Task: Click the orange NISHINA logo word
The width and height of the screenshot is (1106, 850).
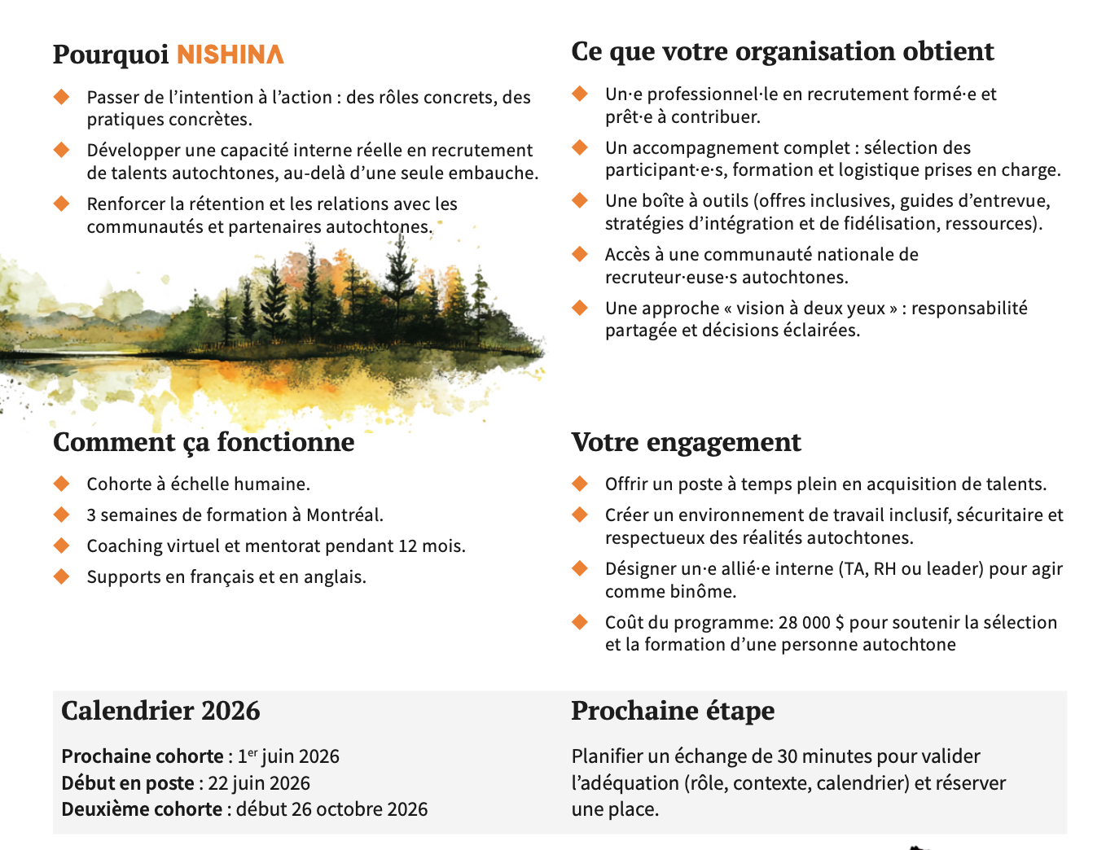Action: pyautogui.click(x=230, y=55)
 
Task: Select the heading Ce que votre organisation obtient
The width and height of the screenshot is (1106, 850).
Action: pyautogui.click(x=782, y=51)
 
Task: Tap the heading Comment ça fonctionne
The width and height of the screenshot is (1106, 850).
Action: pyautogui.click(x=204, y=442)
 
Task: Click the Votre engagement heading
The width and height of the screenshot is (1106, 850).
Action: pyautogui.click(x=686, y=442)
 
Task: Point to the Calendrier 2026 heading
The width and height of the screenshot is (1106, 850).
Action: pyautogui.click(x=160, y=711)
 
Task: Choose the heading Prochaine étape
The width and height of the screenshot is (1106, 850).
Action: pyautogui.click(x=672, y=711)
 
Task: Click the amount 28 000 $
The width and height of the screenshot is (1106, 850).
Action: pyautogui.click(x=811, y=623)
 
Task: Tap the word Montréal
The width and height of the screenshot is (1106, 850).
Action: pyautogui.click(x=344, y=515)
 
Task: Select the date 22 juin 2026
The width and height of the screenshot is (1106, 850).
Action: pyautogui.click(x=259, y=783)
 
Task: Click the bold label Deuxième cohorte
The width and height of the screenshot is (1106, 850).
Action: pyautogui.click(x=142, y=809)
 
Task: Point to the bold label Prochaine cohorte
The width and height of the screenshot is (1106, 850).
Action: pyautogui.click(x=143, y=756)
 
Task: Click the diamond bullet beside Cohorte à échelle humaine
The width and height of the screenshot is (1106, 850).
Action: pyautogui.click(x=62, y=484)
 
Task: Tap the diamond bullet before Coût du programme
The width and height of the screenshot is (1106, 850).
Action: pyautogui.click(x=580, y=623)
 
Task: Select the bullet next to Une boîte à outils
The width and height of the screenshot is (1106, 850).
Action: pyautogui.click(x=580, y=201)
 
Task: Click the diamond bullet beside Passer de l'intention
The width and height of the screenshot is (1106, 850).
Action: pyautogui.click(x=62, y=98)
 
